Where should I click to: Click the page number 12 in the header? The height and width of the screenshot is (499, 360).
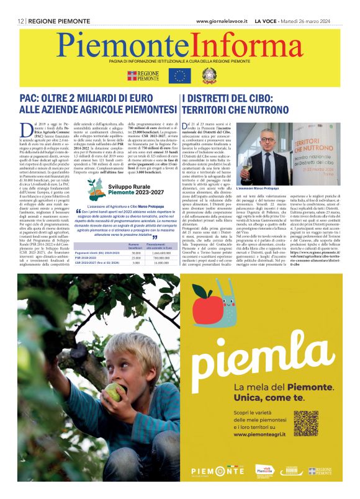coord(21,21)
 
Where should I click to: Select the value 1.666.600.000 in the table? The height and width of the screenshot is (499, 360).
coord(160,253)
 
